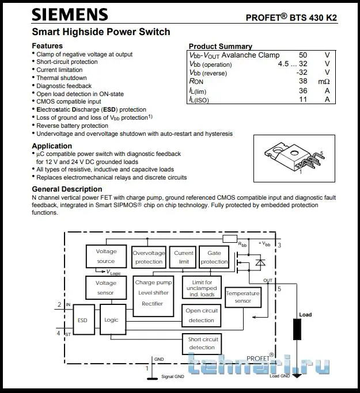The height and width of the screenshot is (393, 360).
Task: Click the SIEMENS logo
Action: click(x=69, y=14)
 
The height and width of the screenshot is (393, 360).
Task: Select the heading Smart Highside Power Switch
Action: click(x=101, y=32)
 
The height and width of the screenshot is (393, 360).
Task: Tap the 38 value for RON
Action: click(x=303, y=82)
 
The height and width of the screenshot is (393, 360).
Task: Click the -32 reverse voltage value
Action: click(x=301, y=73)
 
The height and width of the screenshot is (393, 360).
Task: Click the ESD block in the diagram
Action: click(x=82, y=320)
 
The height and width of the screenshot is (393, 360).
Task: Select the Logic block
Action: click(x=111, y=320)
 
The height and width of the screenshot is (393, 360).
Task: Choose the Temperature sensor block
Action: click(x=242, y=297)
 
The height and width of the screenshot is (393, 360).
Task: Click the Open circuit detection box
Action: click(x=201, y=315)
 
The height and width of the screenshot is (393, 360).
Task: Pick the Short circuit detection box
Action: click(x=203, y=344)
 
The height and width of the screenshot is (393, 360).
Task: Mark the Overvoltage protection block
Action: click(x=149, y=257)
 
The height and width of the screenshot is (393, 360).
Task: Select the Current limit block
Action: click(x=184, y=257)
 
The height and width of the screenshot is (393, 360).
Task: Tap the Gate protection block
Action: click(x=214, y=257)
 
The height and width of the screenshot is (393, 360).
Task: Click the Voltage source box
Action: click(x=106, y=256)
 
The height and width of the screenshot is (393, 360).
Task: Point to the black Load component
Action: click(x=297, y=330)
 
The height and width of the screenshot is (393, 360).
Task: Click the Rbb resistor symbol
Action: click(x=230, y=238)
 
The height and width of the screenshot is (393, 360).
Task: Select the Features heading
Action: click(x=47, y=46)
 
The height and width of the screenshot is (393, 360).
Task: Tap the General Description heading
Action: click(x=67, y=189)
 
